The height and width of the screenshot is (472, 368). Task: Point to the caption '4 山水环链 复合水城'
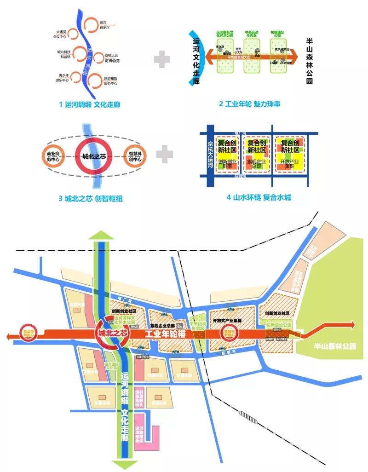pyautogui.click(x=259, y=197)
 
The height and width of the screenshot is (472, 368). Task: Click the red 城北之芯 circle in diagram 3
pyautogui.click(x=94, y=156)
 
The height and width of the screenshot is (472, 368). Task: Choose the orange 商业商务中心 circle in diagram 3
pyautogui.click(x=54, y=156)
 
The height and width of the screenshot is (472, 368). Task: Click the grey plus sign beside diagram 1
pyautogui.click(x=162, y=60)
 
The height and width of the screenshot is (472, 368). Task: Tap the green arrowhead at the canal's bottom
pyautogui.click(x=122, y=464)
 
